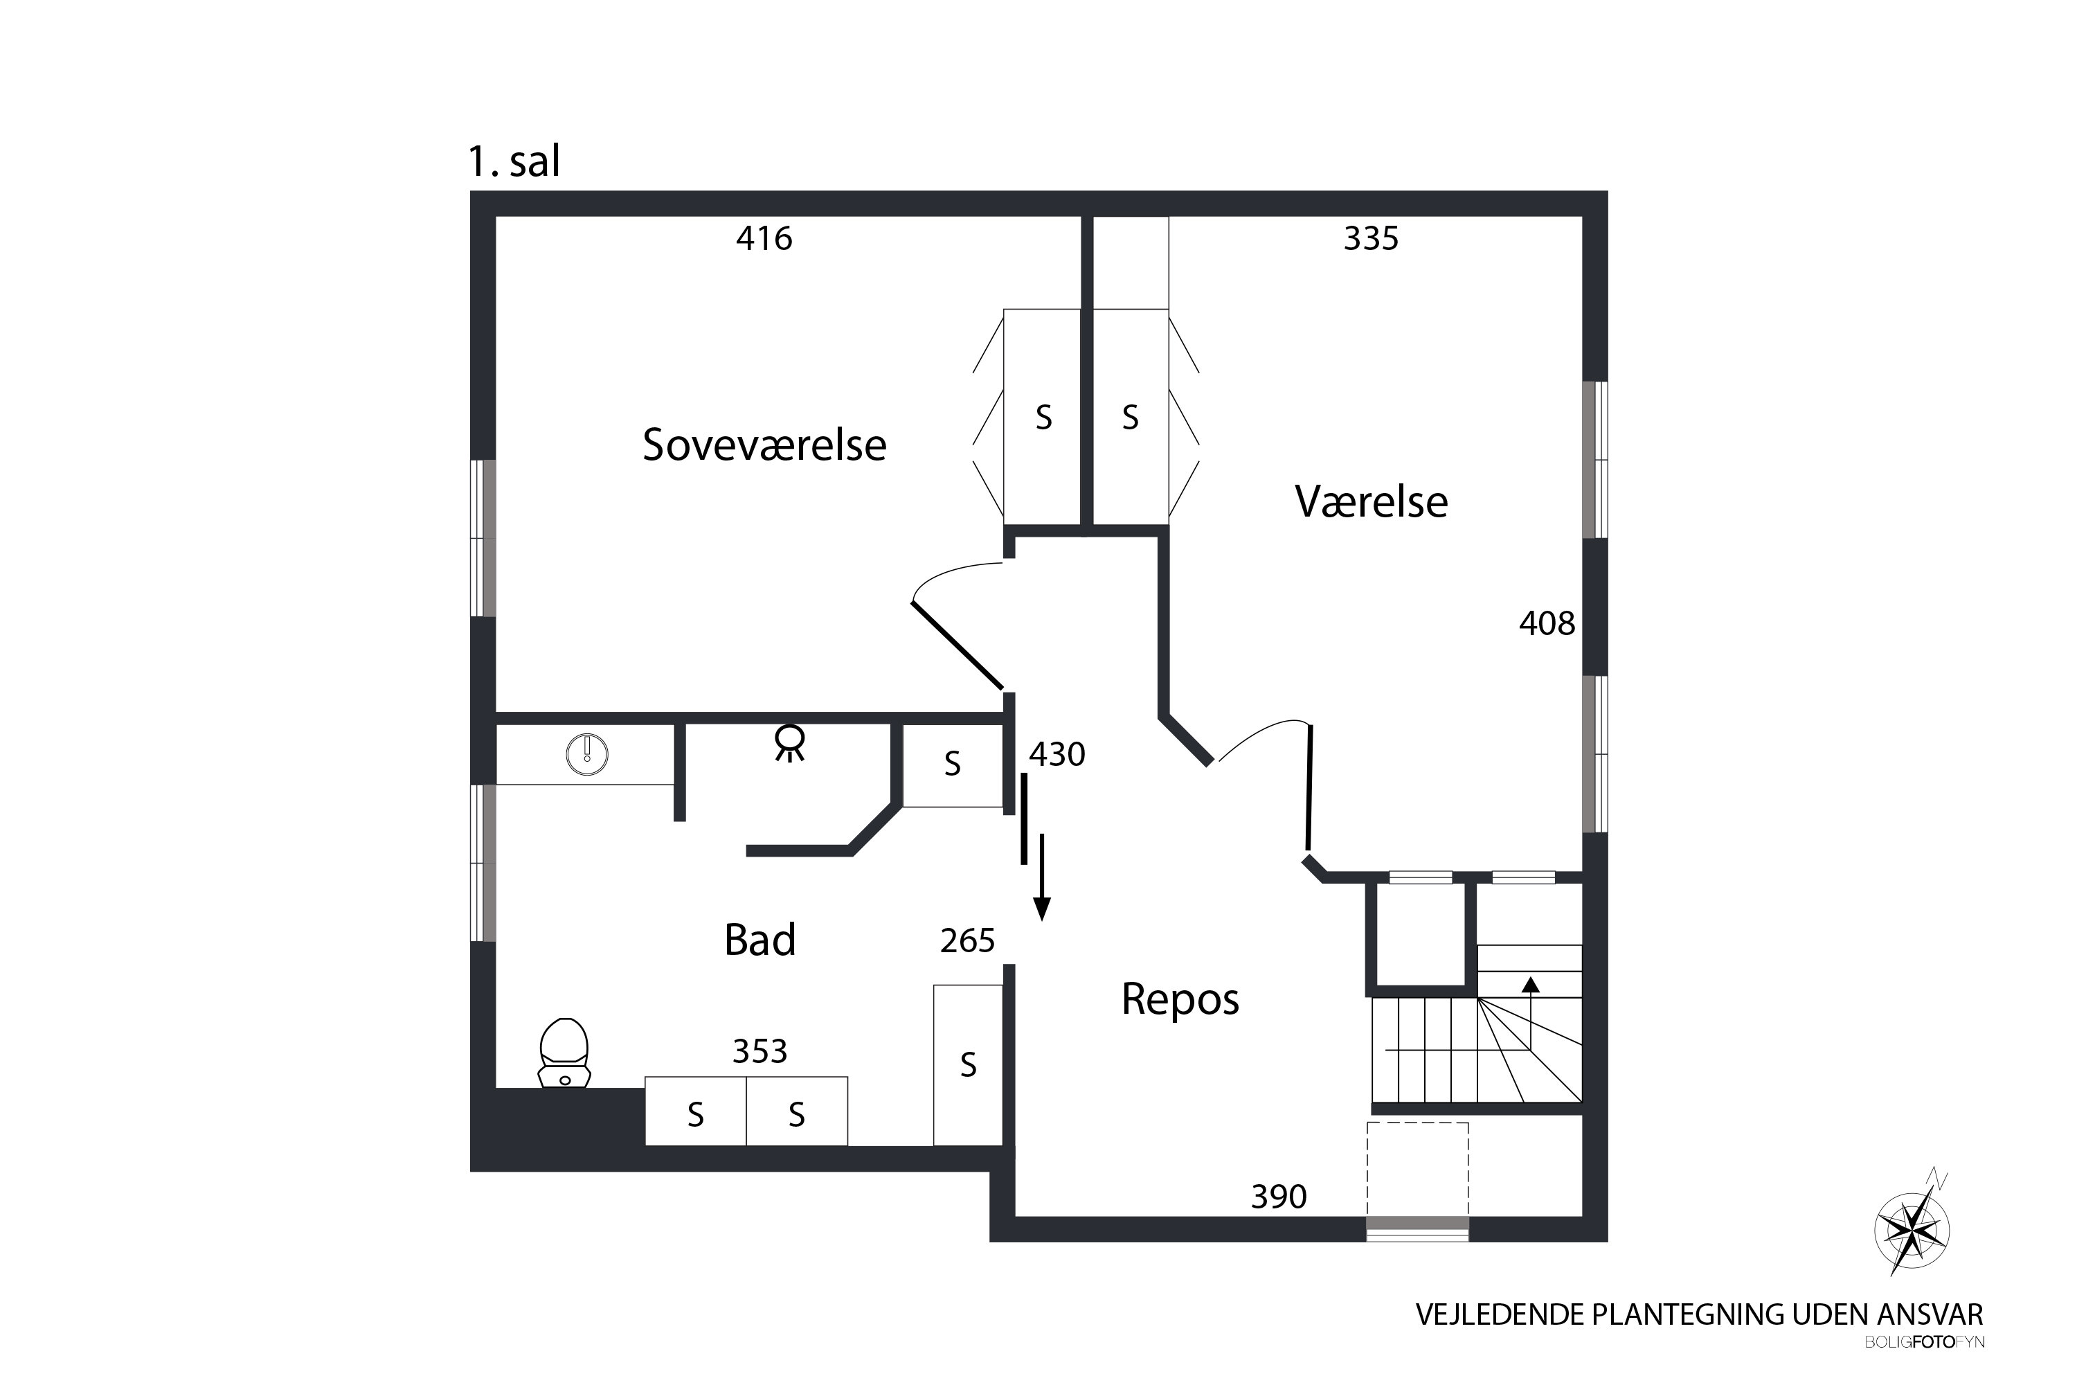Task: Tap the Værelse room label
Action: click(1371, 501)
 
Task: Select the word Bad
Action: click(759, 940)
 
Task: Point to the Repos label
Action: click(1180, 999)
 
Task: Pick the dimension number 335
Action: click(1371, 238)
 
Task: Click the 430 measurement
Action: click(1057, 754)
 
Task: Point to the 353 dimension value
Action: click(759, 1051)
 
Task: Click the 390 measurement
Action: click(1278, 1197)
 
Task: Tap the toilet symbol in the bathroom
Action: click(564, 1053)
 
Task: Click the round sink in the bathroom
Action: click(586, 754)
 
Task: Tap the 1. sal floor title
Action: click(514, 161)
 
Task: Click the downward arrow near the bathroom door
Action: click(1042, 878)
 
